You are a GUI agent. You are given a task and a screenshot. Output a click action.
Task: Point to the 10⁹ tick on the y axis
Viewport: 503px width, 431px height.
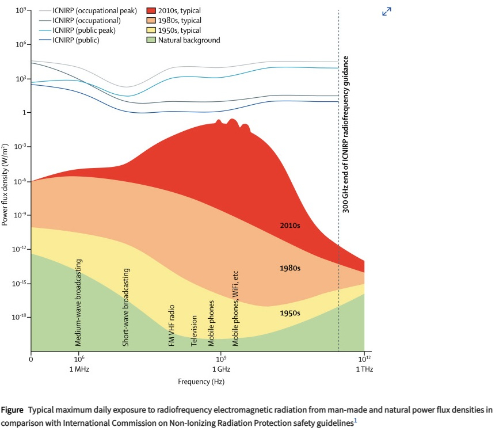point(21,10)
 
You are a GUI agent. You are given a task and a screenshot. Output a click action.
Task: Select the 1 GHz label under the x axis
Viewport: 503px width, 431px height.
point(220,369)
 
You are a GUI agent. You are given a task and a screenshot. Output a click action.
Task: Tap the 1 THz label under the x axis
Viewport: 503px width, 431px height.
point(364,369)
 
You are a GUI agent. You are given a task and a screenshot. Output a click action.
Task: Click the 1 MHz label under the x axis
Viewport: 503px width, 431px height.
point(79,369)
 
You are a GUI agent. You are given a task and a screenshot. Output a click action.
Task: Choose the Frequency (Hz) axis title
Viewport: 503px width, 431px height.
point(201,382)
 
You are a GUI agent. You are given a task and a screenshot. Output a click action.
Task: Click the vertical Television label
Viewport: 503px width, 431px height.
point(195,330)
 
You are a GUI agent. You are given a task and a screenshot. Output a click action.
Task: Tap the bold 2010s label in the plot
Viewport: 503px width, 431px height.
point(289,226)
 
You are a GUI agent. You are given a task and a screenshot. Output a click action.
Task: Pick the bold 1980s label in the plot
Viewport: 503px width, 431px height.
point(289,268)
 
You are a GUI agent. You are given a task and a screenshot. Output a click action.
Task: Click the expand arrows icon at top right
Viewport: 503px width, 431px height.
point(387,11)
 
